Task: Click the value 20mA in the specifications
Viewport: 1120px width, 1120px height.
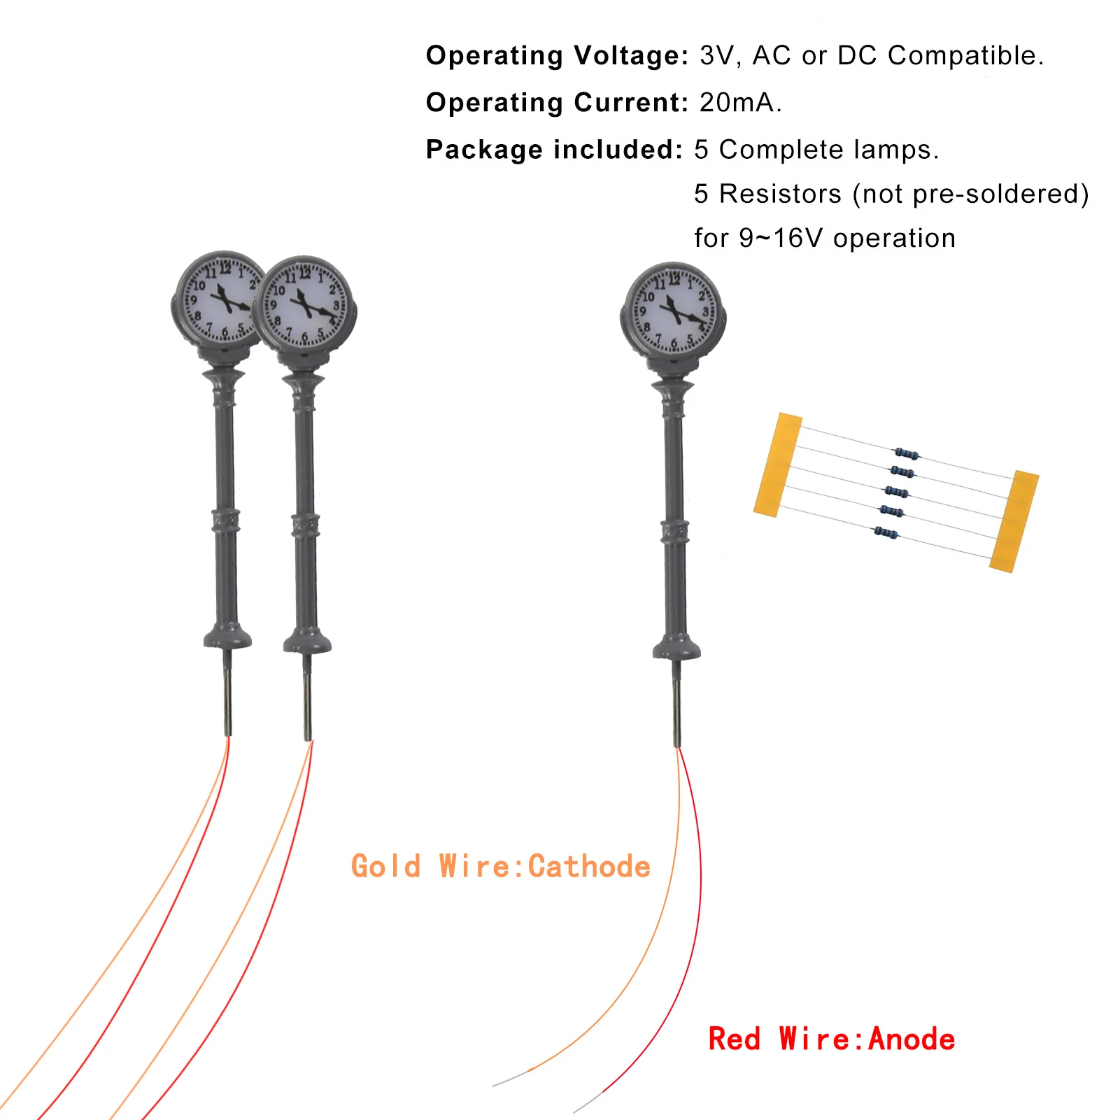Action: (x=740, y=103)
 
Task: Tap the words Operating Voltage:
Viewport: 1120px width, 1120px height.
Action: (x=558, y=56)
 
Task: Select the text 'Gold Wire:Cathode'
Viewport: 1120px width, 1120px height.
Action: (x=501, y=866)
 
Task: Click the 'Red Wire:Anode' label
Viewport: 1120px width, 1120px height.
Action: (x=832, y=1039)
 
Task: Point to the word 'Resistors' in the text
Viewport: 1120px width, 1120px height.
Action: (x=781, y=194)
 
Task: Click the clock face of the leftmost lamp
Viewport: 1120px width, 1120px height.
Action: (x=218, y=300)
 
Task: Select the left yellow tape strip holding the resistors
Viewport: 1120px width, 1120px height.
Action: (x=778, y=465)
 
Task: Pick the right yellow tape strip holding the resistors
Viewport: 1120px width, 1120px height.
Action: (x=1014, y=521)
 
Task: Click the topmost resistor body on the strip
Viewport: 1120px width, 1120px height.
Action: (x=907, y=453)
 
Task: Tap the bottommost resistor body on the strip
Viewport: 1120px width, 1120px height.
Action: (x=886, y=533)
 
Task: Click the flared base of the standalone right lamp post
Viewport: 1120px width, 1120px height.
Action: (x=676, y=647)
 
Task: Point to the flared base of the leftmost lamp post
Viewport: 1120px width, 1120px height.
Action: (x=227, y=636)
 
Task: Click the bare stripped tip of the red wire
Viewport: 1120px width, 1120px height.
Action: (x=588, y=1102)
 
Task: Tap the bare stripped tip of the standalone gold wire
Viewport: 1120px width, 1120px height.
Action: (x=511, y=1078)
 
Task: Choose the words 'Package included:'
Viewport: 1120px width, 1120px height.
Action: (x=554, y=150)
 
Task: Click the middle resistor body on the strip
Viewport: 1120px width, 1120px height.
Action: (x=896, y=492)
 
